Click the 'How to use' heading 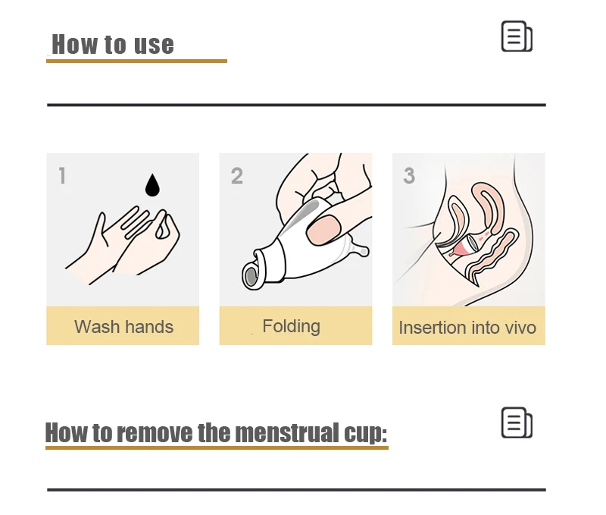(113, 44)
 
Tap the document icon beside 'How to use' (517, 36)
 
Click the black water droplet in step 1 (152, 185)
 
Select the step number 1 (62, 175)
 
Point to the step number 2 (237, 176)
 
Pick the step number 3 (409, 175)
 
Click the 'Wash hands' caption (123, 327)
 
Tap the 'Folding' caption (292, 326)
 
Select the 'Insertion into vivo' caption (467, 328)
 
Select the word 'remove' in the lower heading (155, 432)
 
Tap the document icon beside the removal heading (517, 422)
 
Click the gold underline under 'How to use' (136, 61)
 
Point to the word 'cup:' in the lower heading (365, 433)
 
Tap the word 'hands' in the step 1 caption (149, 327)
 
